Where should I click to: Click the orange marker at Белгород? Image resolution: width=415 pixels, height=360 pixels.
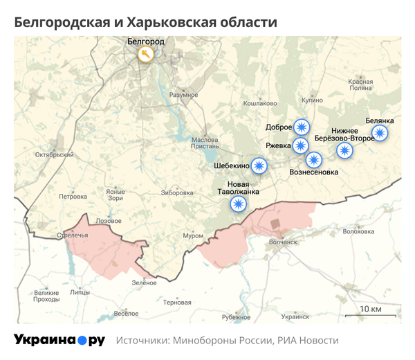pyautogui.click(x=146, y=54)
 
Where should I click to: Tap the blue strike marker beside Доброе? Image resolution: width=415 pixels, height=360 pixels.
pyautogui.click(x=301, y=127)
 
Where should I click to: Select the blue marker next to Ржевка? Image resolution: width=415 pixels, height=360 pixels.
pyautogui.click(x=301, y=145)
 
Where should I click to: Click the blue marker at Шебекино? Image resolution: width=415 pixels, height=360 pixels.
pyautogui.click(x=259, y=165)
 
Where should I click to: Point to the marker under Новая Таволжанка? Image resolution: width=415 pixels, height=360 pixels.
pyautogui.click(x=238, y=204)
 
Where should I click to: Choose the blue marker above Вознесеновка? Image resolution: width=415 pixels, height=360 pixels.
pyautogui.click(x=315, y=161)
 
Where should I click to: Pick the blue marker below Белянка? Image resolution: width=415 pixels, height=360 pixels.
pyautogui.click(x=380, y=133)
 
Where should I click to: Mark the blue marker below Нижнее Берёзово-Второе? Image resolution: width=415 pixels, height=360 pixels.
pyautogui.click(x=344, y=151)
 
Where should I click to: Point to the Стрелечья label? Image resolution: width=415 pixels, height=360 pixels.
pyautogui.click(x=73, y=236)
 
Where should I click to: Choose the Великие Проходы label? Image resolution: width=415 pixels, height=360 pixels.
pyautogui.click(x=46, y=296)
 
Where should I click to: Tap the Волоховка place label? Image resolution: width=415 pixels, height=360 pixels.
pyautogui.click(x=358, y=232)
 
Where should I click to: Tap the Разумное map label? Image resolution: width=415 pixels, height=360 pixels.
pyautogui.click(x=183, y=94)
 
